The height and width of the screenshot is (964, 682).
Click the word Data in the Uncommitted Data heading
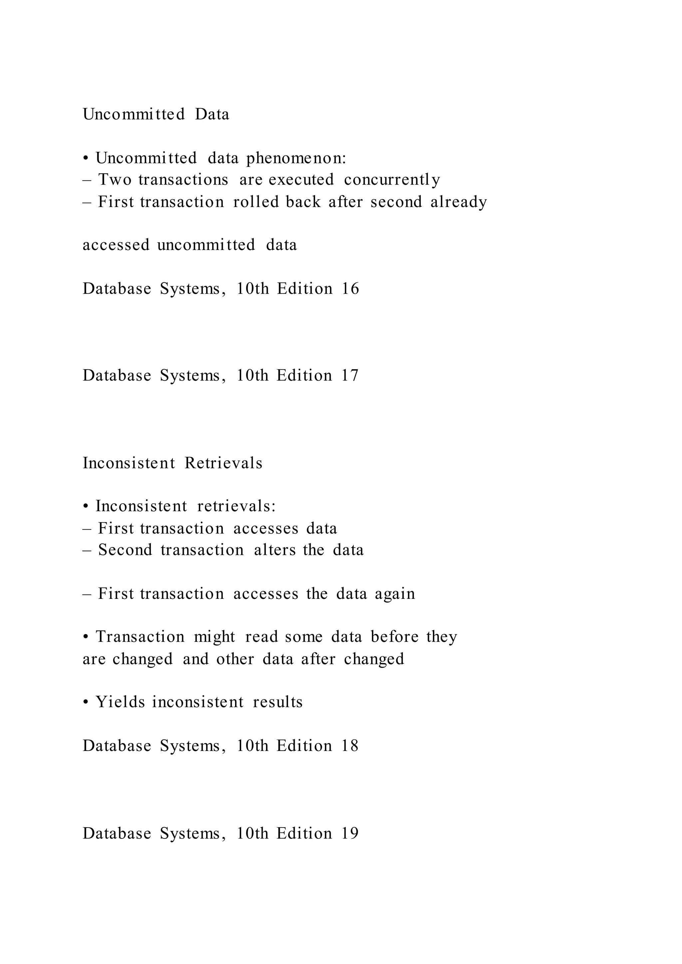212,114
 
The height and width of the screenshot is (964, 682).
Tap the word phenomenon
296,159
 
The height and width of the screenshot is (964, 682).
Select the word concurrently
392,180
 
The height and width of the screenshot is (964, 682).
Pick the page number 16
350,289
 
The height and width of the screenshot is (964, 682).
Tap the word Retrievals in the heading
223,463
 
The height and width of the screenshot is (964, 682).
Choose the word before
394,637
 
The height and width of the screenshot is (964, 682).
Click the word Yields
120,702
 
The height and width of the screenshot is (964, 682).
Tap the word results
278,702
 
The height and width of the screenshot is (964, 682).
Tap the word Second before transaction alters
125,550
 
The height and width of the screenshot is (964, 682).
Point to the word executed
301,180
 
